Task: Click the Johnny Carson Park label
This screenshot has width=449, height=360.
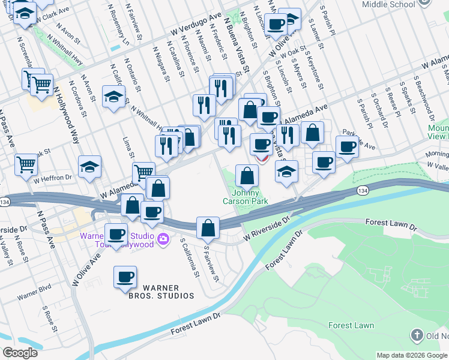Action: point(250,197)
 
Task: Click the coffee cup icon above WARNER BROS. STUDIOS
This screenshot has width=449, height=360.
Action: point(125,277)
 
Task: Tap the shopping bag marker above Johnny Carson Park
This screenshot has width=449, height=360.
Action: point(247,176)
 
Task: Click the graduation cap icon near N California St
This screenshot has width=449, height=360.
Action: point(113,97)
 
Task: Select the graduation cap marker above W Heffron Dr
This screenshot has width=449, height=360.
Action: point(89,166)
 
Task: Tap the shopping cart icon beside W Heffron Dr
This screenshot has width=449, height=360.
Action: point(26,163)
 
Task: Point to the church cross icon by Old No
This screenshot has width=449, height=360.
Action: point(417,335)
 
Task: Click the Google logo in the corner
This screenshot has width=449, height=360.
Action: point(20,353)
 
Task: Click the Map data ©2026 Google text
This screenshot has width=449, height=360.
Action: point(412,355)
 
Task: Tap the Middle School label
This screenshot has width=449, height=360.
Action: point(389,4)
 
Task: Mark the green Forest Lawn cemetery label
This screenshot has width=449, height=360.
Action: point(351,326)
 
